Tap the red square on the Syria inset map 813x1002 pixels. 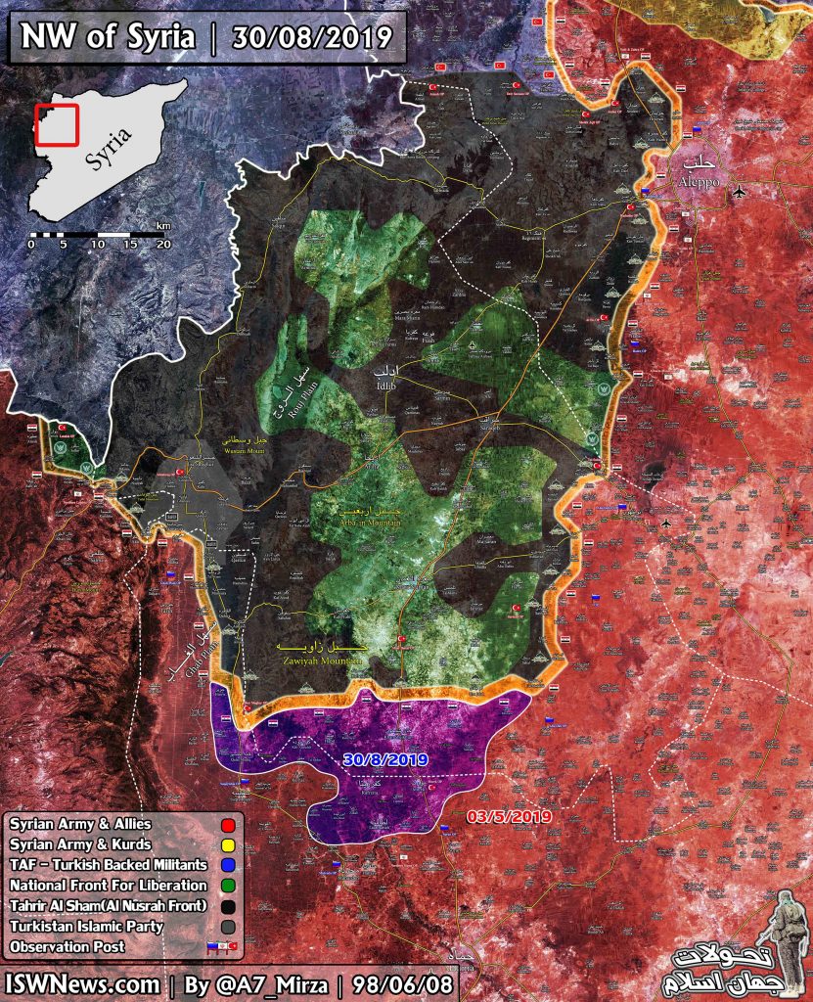click(x=56, y=124)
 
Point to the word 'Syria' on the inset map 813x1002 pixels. click(x=109, y=147)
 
